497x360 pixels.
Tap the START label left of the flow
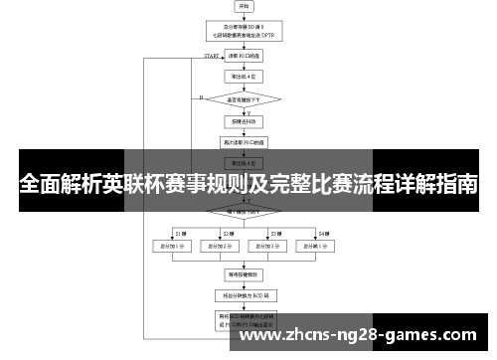click(x=212, y=56)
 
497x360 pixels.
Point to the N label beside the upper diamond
click(x=201, y=97)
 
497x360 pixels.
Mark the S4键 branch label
click(x=323, y=232)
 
